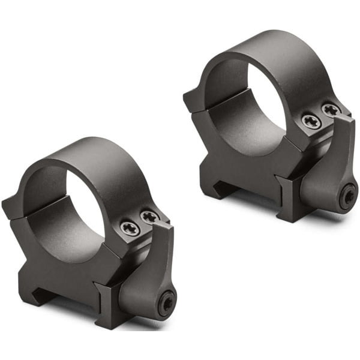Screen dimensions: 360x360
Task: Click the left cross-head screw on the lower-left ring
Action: [x=130, y=229]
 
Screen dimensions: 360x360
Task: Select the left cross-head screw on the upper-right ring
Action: [x=311, y=121]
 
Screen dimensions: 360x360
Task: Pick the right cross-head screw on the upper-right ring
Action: [x=331, y=110]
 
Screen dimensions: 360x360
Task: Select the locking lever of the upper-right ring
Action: [x=333, y=168]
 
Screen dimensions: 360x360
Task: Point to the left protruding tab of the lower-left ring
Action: [x=10, y=208]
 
